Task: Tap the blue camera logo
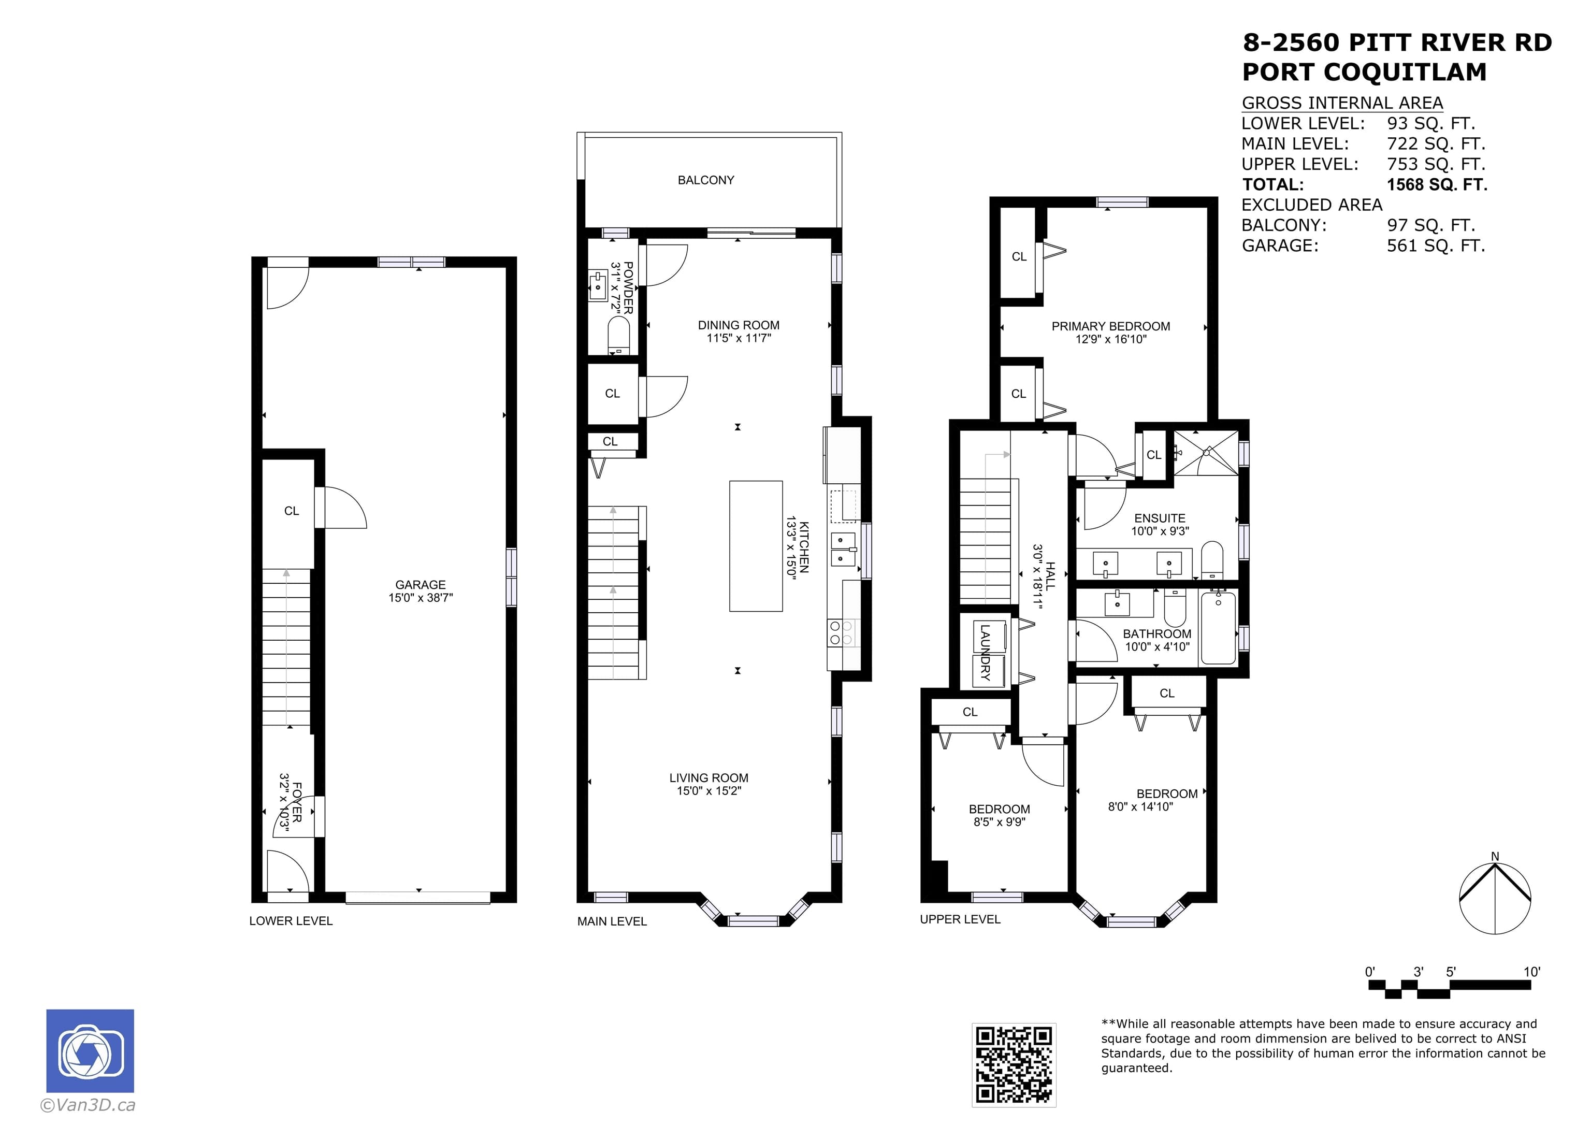[x=90, y=1051]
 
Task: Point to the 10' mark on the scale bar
[x=1531, y=972]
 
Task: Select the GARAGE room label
[x=421, y=584]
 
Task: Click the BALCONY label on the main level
[x=705, y=180]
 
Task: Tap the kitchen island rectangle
[x=756, y=546]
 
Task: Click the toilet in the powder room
[x=618, y=335]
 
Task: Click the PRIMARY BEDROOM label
[x=1111, y=326]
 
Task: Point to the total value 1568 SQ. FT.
[x=1437, y=184]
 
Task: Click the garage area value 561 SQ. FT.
[x=1436, y=246]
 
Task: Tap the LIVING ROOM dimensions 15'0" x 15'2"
[x=709, y=791]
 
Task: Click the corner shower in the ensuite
[x=1205, y=453]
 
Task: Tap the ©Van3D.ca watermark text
[x=88, y=1105]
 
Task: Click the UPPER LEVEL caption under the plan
[x=960, y=919]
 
